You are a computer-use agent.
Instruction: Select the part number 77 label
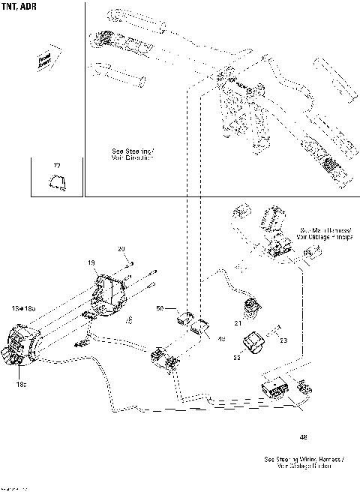[x=56, y=165]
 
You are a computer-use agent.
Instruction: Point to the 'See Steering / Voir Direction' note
[x=132, y=154]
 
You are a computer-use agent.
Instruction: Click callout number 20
[x=121, y=248]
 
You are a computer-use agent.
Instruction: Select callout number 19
[x=91, y=263]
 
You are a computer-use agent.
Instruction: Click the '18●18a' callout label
[x=23, y=308]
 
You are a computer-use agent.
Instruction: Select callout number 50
[x=159, y=308]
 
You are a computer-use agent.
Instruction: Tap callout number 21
[x=236, y=323]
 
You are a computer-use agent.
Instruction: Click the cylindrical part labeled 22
[x=253, y=341]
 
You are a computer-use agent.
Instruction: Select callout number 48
[x=303, y=436]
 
